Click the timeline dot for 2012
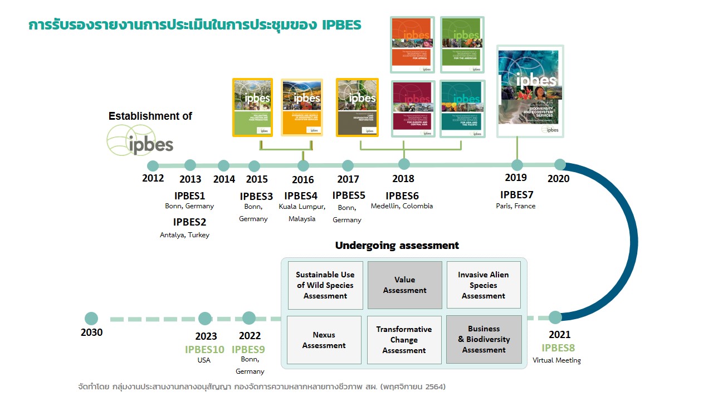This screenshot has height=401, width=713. point(153,166)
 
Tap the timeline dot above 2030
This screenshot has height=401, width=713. point(91,319)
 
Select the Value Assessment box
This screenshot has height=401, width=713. point(404,285)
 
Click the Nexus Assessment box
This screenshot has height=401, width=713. point(324,340)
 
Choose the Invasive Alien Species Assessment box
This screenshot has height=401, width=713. point(484,285)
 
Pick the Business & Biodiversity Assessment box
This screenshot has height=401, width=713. point(484,340)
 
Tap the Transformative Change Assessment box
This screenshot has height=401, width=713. point(404,340)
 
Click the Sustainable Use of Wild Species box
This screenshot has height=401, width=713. point(325,285)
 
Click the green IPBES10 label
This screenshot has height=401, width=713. point(204,350)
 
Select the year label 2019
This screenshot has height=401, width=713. point(516,178)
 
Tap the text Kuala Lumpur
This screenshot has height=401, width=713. point(302,207)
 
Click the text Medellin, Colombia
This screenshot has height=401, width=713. point(402,206)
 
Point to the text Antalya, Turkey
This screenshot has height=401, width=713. point(184,235)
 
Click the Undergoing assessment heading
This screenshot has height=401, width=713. point(397,246)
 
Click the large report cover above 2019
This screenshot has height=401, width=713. point(530,91)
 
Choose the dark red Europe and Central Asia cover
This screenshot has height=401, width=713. point(412,109)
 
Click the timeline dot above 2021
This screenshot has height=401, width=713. point(555,317)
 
